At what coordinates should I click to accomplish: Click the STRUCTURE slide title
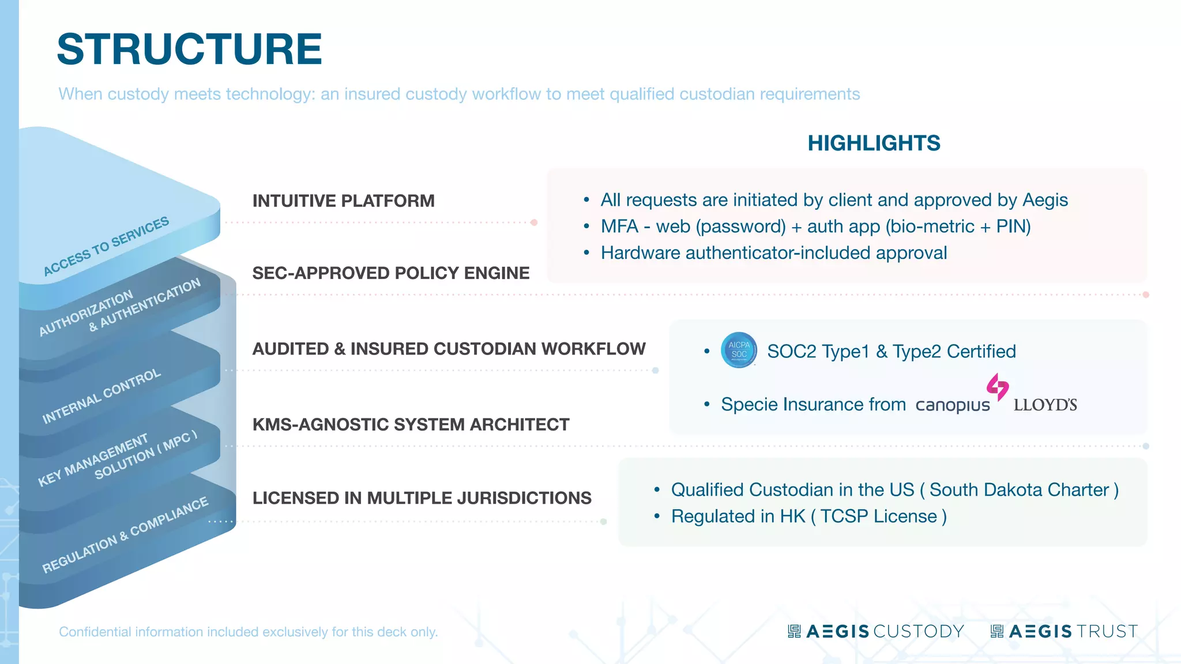[189, 50]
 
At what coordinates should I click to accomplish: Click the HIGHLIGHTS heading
[874, 143]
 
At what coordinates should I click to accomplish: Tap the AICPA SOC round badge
[739, 350]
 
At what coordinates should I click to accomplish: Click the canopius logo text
[952, 405]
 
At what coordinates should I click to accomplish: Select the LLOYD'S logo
[1045, 405]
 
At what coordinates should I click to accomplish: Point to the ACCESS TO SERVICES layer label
[106, 246]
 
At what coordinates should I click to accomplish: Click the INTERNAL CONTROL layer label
[101, 396]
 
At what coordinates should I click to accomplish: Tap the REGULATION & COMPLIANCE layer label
[125, 535]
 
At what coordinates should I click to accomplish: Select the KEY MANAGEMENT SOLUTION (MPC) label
[118, 458]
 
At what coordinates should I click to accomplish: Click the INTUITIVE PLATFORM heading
[344, 201]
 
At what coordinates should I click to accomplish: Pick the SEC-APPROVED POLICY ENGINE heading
[391, 273]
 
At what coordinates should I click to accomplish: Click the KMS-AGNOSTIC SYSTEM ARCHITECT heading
[411, 425]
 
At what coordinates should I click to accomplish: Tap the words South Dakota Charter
[1019, 490]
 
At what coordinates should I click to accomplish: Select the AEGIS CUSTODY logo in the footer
[876, 632]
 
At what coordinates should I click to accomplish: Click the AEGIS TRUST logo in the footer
[1065, 632]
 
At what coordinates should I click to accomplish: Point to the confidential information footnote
[249, 632]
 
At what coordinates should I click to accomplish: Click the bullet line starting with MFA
[815, 227]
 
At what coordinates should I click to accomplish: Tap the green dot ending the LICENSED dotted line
[603, 522]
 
